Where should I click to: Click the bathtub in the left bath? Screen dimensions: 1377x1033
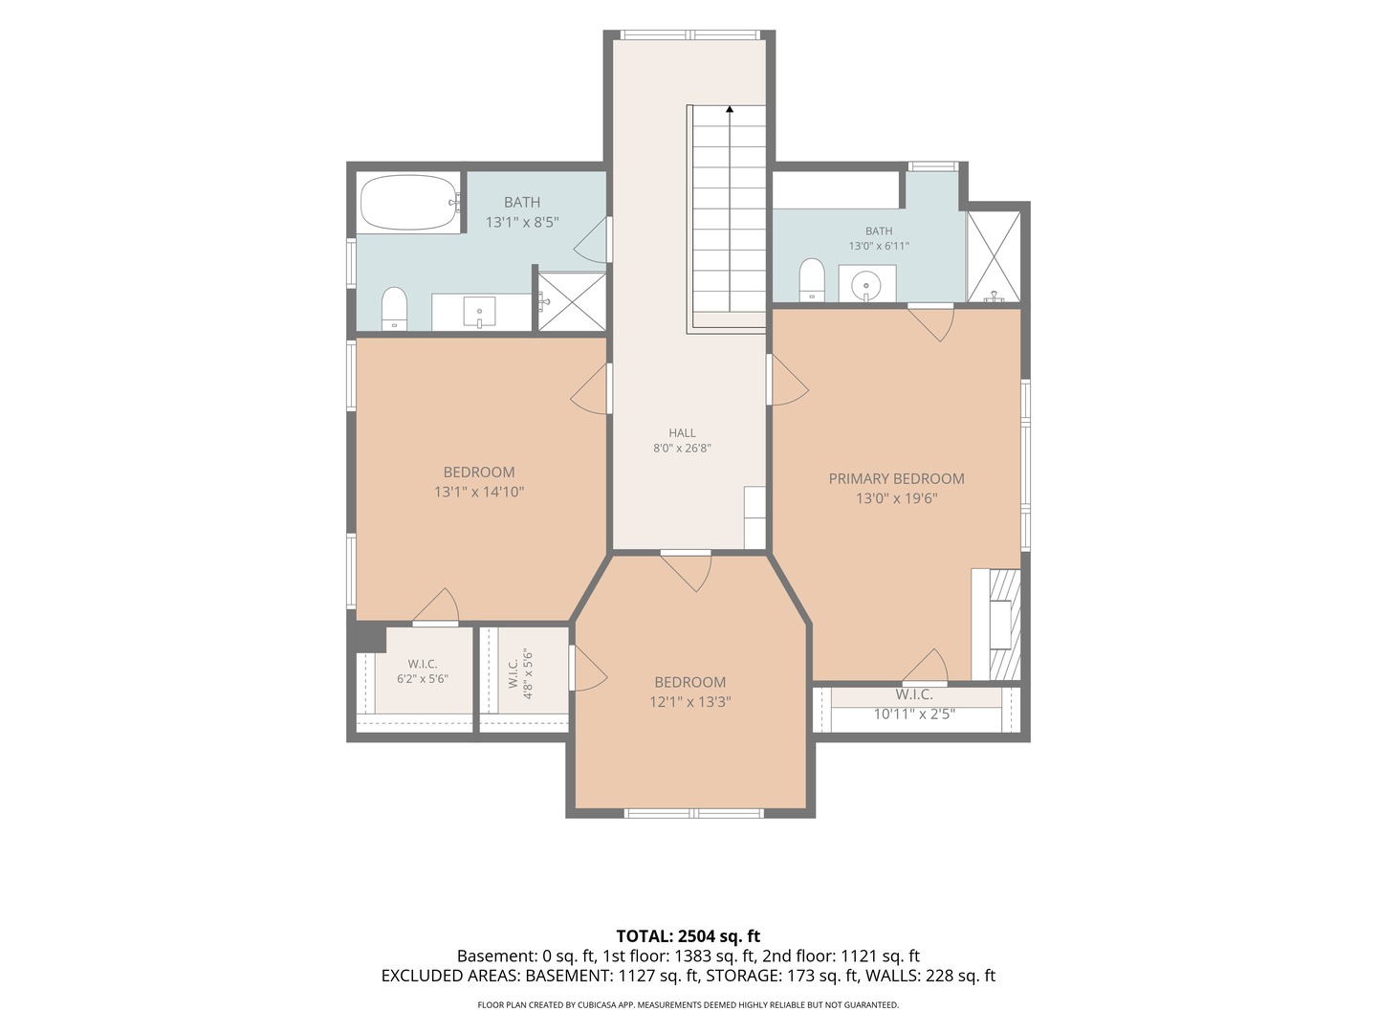(x=411, y=202)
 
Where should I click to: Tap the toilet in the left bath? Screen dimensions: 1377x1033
(x=395, y=309)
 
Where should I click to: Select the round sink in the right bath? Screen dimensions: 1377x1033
(x=866, y=286)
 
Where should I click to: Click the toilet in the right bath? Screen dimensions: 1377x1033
(x=812, y=279)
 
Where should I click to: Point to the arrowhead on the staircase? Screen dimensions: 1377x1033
(x=730, y=109)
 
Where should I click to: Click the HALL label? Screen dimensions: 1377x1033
(x=682, y=432)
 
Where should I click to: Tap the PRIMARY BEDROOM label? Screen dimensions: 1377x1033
(x=896, y=478)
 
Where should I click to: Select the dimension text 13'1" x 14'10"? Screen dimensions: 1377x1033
(x=479, y=492)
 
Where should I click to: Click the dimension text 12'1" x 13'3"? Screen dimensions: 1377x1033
(x=690, y=701)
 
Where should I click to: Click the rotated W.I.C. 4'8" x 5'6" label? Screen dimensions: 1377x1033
(x=520, y=673)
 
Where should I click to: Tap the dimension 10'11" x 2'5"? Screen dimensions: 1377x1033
(x=914, y=714)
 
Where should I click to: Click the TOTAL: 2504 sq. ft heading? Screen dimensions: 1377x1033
(x=688, y=936)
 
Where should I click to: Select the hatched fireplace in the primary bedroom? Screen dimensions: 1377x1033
(x=1005, y=624)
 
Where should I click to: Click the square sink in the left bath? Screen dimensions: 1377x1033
(x=479, y=312)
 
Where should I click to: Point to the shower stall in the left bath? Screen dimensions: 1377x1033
(x=572, y=301)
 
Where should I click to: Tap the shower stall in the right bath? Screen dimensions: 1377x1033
(x=994, y=257)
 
